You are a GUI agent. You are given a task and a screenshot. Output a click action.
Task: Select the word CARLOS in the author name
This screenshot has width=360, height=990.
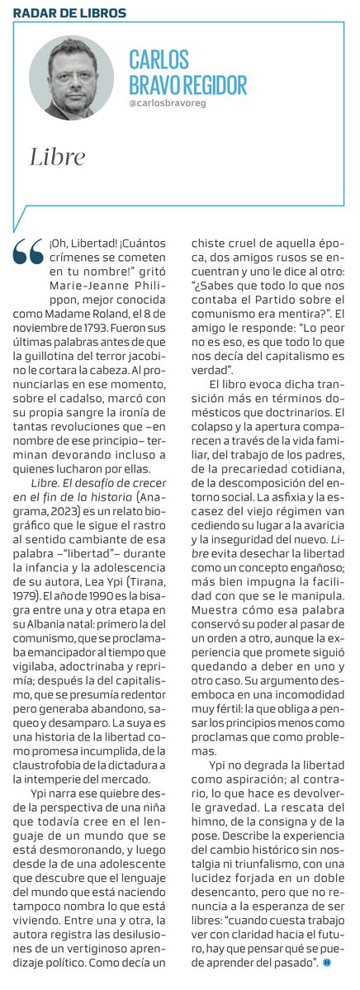(x=159, y=59)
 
